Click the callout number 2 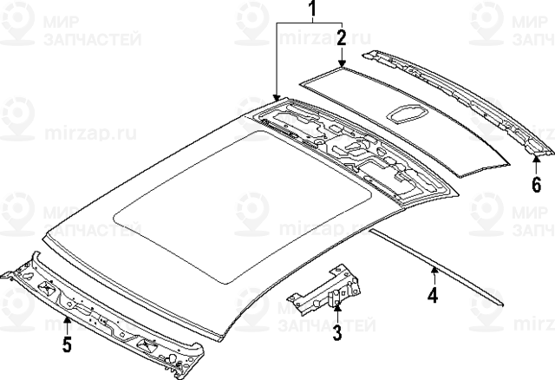coord(342,37)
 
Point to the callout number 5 coord(65,345)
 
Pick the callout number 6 coord(536,184)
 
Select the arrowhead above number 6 coord(536,160)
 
